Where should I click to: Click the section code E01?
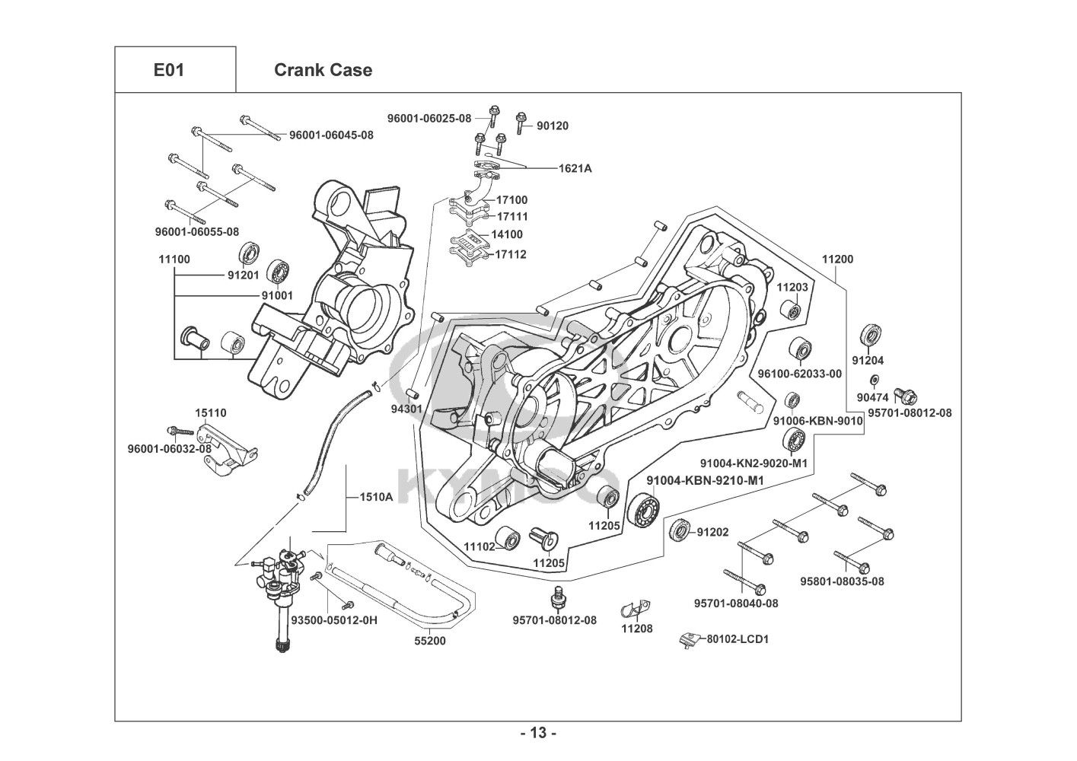168,70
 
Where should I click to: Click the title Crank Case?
323,70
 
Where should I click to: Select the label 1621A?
575,168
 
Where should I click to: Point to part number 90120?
553,126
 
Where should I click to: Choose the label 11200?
837,259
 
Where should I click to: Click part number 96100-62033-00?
800,374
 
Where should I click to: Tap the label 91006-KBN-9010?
817,421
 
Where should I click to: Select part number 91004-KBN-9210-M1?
705,480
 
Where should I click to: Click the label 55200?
430,641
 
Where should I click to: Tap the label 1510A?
376,498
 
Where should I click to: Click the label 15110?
211,413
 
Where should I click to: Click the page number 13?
538,734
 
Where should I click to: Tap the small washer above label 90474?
875,380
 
